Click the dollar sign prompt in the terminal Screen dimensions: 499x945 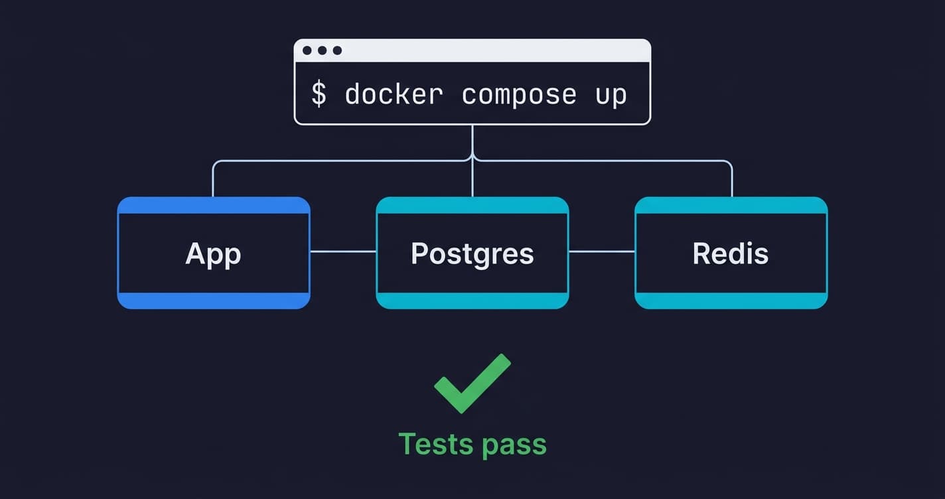pos(319,94)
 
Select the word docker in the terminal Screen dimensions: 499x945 pos(394,94)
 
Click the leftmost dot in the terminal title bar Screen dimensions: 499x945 pos(307,50)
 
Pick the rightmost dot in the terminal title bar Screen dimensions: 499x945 pos(337,50)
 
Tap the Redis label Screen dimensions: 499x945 pos(730,253)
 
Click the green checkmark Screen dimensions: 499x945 pos(472,384)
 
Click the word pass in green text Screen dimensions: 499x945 pos(514,445)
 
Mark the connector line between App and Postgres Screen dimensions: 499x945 pos(343,251)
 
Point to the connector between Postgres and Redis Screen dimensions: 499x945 pos(601,251)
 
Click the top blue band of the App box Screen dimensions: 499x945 pos(213,206)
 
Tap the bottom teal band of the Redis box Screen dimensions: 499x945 pos(731,301)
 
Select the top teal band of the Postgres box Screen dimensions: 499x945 pos(472,206)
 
